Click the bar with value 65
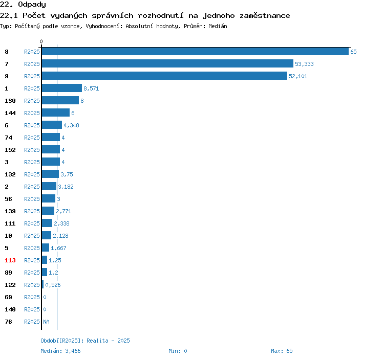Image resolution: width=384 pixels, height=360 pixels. point(195,51)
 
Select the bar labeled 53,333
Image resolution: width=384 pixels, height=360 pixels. point(167,63)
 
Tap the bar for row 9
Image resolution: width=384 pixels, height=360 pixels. point(164,76)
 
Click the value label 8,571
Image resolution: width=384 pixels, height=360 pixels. point(91,88)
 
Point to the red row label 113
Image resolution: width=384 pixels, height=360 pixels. point(10,260)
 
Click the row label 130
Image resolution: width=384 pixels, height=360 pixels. point(10,101)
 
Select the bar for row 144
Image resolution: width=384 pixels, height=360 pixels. point(56,112)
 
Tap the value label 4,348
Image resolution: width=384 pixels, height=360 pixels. point(71,125)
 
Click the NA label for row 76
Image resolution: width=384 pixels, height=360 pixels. point(46,322)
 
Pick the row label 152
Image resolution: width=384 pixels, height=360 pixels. point(10,150)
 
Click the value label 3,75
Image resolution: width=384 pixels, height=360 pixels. point(67,174)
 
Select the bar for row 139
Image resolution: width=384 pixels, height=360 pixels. point(48,211)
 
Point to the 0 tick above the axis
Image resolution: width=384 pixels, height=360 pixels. point(41,41)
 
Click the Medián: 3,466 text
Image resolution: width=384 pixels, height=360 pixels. point(60,351)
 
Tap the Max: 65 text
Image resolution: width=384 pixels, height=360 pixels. point(282,351)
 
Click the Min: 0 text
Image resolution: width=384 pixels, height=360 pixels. point(178,351)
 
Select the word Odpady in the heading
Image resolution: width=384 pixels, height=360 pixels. point(32,5)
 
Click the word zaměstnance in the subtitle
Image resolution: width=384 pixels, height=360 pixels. point(265,16)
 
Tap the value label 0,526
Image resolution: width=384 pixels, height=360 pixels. point(53,285)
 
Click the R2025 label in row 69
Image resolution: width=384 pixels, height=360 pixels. point(32,297)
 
